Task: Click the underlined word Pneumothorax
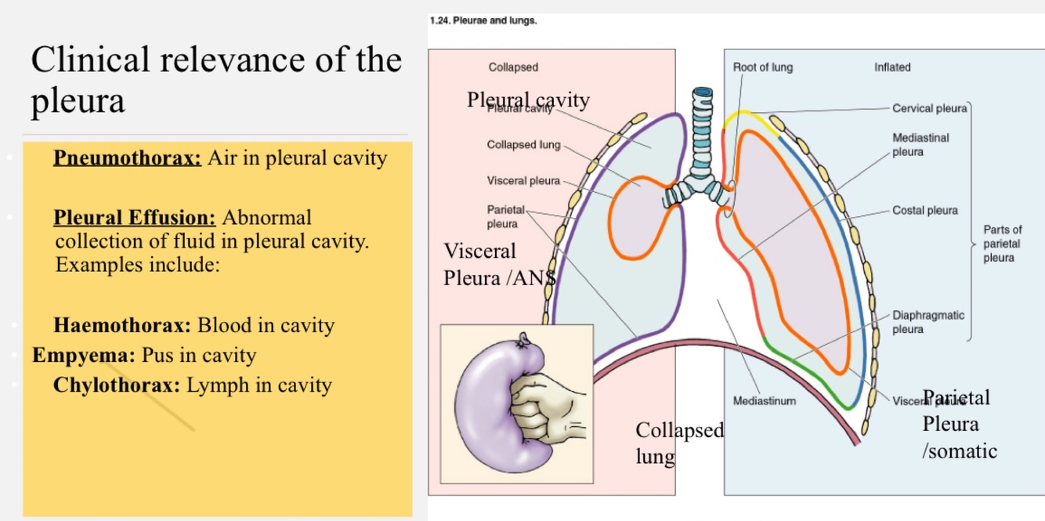tap(127, 158)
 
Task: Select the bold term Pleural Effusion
tap(134, 217)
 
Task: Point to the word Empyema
tap(84, 356)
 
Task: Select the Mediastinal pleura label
tap(920, 144)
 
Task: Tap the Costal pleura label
tap(924, 210)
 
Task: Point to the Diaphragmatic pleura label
tap(928, 322)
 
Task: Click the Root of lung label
tap(762, 67)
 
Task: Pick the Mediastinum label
tap(764, 401)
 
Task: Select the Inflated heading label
tap(892, 67)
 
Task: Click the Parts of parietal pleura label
tap(1002, 244)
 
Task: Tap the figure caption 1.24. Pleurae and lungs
tap(483, 20)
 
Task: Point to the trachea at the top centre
tap(702, 125)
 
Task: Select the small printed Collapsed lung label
tap(523, 145)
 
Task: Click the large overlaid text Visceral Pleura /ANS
tap(498, 265)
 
